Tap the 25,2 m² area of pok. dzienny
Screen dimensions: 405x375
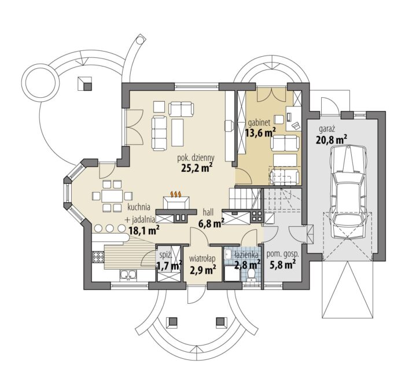coord(197,168)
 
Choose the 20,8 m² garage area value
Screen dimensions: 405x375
coord(332,139)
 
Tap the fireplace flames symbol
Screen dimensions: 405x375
coord(176,194)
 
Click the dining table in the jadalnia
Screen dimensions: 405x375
coord(112,196)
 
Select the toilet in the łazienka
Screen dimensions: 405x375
coord(251,274)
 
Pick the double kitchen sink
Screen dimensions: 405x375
coord(128,275)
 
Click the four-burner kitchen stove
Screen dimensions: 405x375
coord(98,257)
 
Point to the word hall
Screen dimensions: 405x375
coord(208,212)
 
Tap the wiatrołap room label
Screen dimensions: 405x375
coord(203,259)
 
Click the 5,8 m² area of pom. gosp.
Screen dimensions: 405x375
coord(282,265)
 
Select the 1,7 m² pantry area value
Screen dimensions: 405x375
coord(170,266)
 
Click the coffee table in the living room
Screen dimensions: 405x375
coord(177,132)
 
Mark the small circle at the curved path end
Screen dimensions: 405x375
coord(140,40)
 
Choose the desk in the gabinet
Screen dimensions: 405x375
coord(294,118)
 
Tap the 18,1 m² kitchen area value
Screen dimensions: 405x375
coord(143,230)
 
